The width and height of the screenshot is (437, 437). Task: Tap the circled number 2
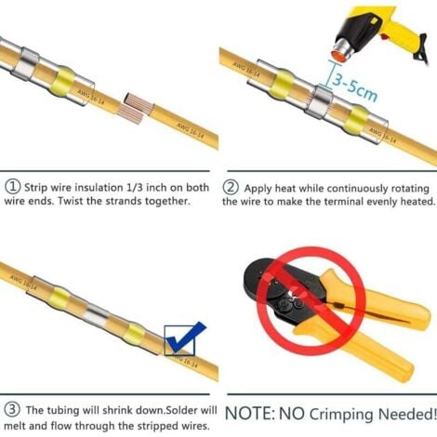click(x=231, y=187)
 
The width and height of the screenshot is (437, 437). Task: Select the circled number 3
click(x=12, y=409)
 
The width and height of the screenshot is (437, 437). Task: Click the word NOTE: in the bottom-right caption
click(x=250, y=414)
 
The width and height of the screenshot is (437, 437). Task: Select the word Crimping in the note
click(x=342, y=416)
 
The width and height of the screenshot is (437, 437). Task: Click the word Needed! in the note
click(x=406, y=414)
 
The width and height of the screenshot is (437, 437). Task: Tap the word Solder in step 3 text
click(x=181, y=410)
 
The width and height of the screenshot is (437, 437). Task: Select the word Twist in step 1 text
click(x=71, y=201)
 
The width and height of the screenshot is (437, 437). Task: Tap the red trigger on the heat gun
click(x=385, y=36)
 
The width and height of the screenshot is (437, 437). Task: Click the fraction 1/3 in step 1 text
click(x=135, y=187)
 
